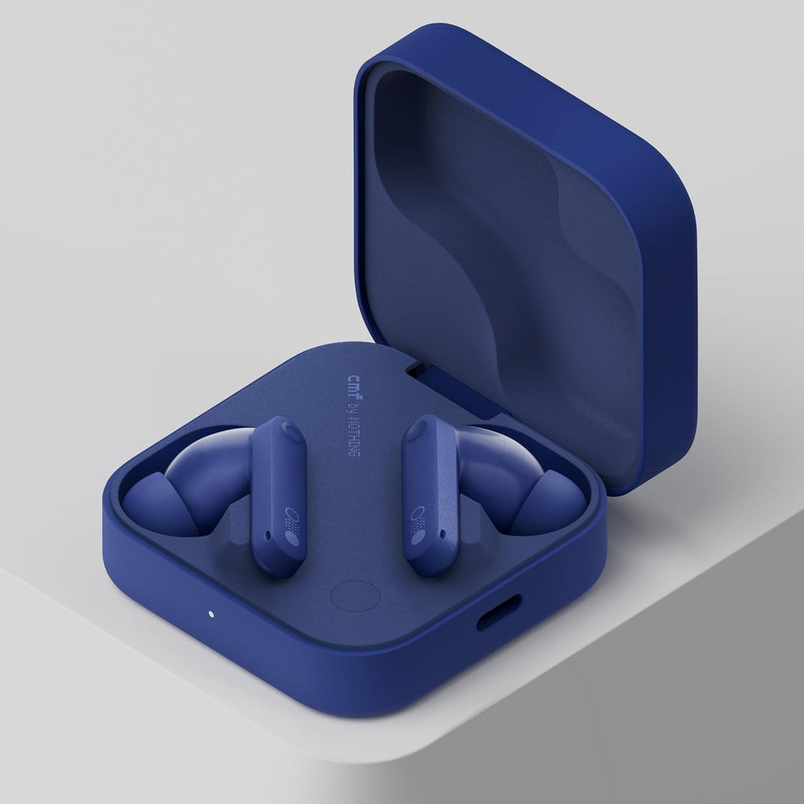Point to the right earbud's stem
click(427, 495)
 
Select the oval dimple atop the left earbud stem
click(291, 430)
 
